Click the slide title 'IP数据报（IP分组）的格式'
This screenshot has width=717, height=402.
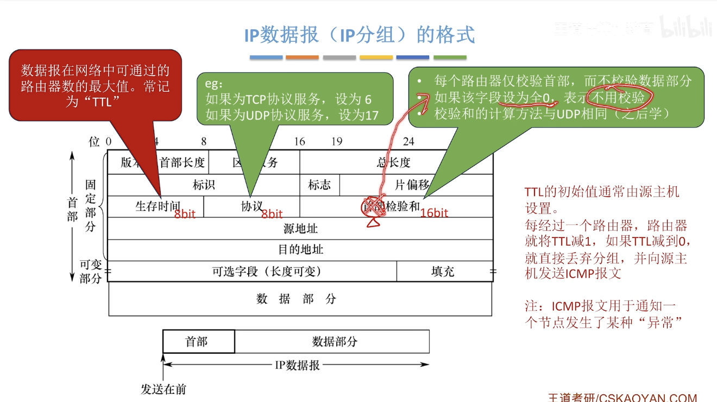pos(360,35)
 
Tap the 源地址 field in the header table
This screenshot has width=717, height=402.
pos(300,229)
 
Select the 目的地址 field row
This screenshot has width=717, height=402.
pos(300,250)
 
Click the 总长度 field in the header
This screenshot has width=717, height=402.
pos(394,162)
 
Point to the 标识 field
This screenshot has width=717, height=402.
pos(204,185)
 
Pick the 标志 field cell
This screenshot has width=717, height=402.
pos(319,185)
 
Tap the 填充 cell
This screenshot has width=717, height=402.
pos(443,271)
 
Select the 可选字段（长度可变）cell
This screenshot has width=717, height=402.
pos(266,271)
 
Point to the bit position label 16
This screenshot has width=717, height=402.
pos(299,142)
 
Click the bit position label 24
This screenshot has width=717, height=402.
pos(408,142)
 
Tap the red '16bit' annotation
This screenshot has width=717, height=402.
pos(434,213)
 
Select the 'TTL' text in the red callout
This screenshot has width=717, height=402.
pos(98,101)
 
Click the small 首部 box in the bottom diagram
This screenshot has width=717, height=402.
pos(197,342)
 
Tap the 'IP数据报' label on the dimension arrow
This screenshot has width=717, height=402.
pos(297,365)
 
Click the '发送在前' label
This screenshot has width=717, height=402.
pos(163,389)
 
